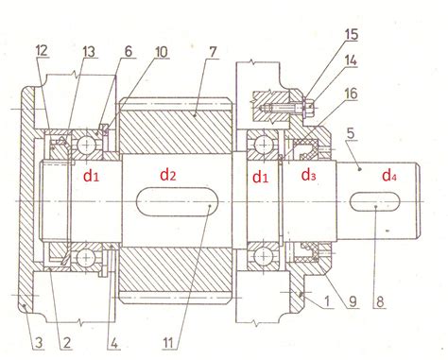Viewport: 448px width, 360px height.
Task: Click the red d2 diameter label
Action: coord(167,175)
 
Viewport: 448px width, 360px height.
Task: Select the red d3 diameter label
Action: coord(308,176)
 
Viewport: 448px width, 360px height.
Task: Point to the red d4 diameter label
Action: coord(389,176)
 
